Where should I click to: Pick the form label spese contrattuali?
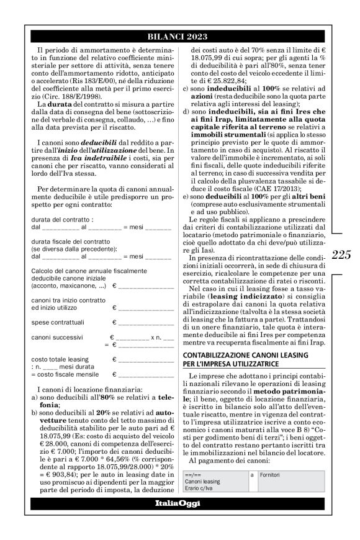(55, 323)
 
